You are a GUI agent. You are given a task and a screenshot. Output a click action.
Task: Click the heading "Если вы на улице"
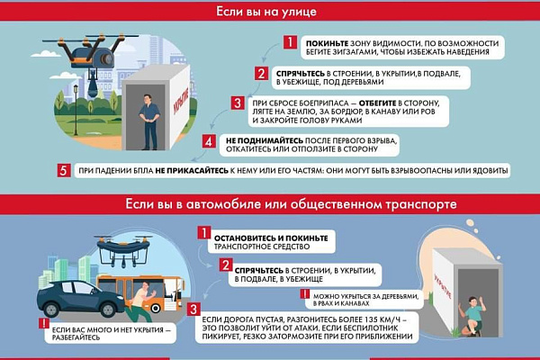click(x=270, y=13)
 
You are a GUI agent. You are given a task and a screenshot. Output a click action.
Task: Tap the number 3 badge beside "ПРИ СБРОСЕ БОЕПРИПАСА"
click(x=237, y=103)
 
